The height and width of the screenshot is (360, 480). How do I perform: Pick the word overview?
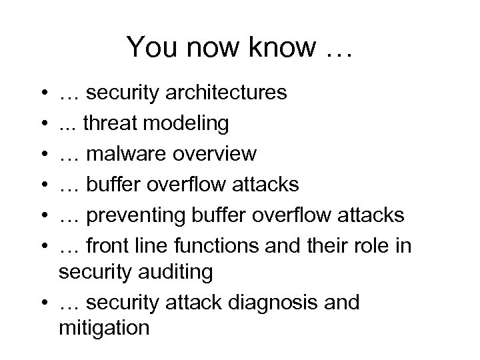[x=219, y=154]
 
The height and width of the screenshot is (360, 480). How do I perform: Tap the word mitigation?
[x=105, y=328]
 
